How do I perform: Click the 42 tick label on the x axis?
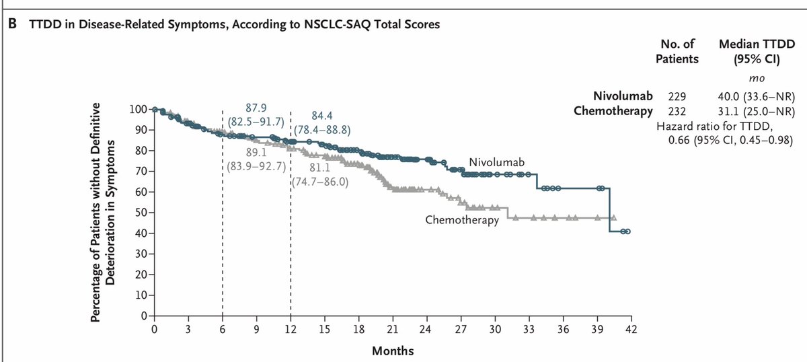[630, 329]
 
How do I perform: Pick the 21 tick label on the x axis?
[392, 329]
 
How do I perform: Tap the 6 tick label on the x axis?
[222, 329]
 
